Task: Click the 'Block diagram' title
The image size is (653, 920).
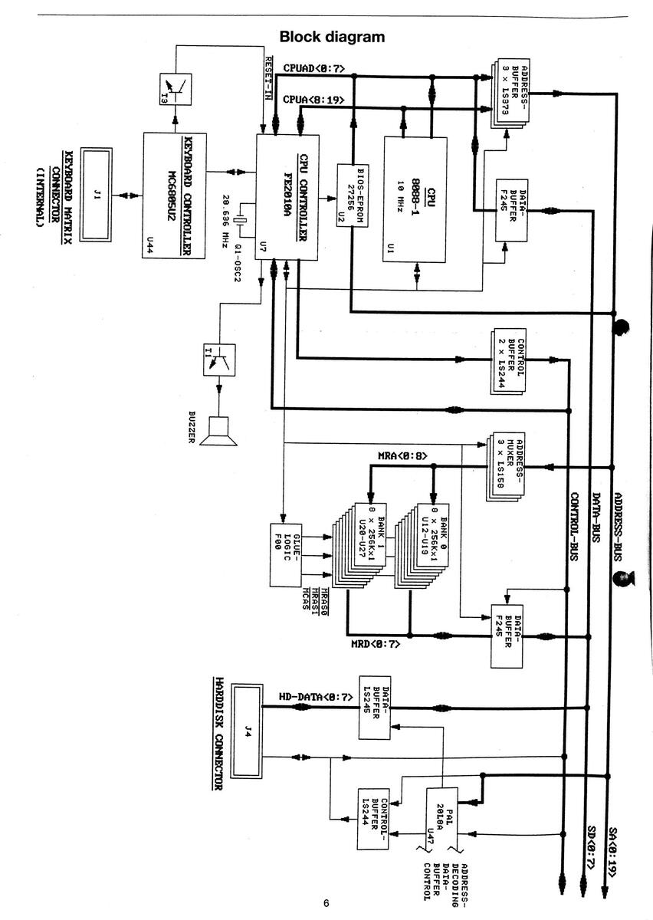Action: point(332,36)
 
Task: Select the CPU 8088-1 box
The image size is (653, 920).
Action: point(415,199)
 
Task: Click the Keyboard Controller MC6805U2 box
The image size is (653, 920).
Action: point(174,195)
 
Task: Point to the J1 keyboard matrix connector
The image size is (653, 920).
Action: point(97,196)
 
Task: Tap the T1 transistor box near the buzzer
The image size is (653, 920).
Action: point(219,360)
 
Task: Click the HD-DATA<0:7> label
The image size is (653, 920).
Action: point(305,697)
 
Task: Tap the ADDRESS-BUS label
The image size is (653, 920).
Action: point(619,521)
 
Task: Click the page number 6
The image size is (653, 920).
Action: point(326,903)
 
